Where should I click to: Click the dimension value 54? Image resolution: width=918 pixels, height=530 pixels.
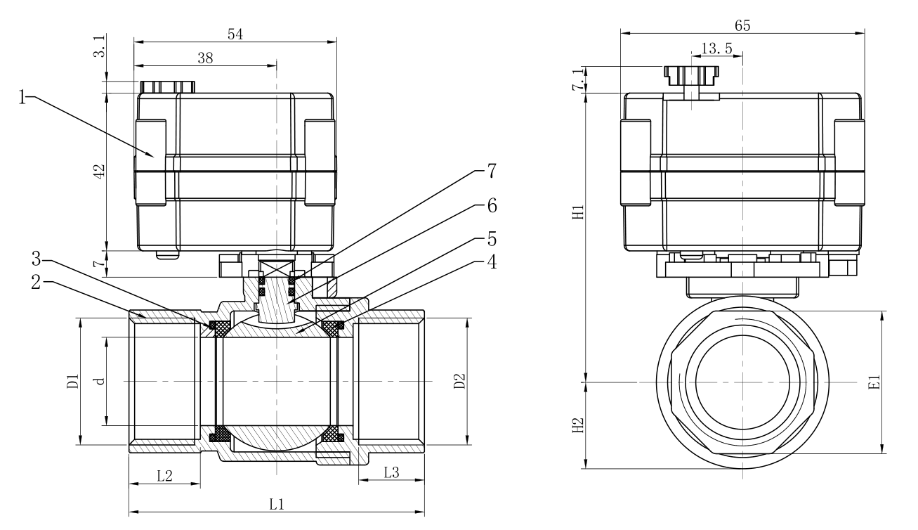click(235, 34)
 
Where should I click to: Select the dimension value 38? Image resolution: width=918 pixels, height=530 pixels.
click(205, 59)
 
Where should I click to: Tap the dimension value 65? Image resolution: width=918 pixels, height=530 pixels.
click(742, 24)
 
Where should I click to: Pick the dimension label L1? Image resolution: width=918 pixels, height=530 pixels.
click(277, 504)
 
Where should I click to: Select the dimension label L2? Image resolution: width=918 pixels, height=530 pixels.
click(164, 474)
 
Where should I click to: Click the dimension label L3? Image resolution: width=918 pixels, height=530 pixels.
click(391, 473)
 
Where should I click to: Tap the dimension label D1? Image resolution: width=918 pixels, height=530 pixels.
click(72, 382)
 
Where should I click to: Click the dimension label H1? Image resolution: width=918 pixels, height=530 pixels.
click(578, 212)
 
